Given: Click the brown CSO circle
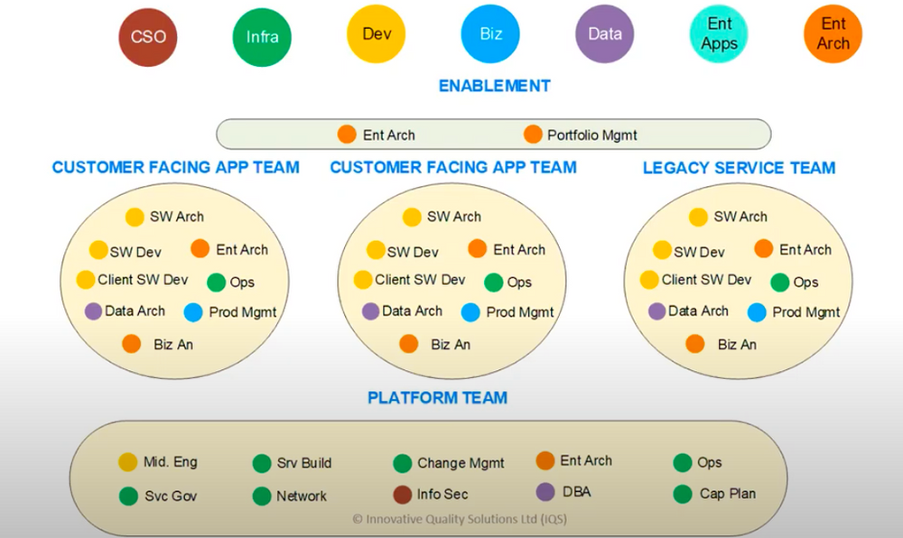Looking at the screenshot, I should [x=149, y=37].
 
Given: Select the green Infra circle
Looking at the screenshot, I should [x=262, y=37].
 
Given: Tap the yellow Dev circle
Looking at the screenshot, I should [x=376, y=33].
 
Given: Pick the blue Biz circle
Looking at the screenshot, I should [x=490, y=33].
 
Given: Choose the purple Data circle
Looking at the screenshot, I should [x=604, y=33].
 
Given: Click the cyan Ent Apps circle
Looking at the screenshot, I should [x=719, y=33].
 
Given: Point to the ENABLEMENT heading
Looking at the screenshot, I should [x=494, y=86].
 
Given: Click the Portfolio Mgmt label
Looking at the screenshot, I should [x=591, y=135].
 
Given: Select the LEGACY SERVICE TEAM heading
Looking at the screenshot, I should [x=739, y=168].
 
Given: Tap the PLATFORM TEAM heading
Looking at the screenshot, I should [x=437, y=397].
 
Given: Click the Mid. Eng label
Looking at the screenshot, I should [x=170, y=462].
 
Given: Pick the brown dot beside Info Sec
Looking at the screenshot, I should [x=403, y=495].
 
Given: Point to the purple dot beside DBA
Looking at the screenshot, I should [x=545, y=492].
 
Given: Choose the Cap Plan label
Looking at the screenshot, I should [x=727, y=494].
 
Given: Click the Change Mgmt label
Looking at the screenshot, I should [x=461, y=463].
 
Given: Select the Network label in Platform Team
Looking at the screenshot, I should [x=302, y=496].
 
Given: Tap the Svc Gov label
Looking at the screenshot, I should [x=171, y=496].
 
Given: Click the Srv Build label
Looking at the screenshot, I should [x=303, y=463].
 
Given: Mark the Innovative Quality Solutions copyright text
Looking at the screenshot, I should [x=460, y=519].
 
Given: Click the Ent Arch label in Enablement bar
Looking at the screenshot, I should [x=388, y=135].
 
